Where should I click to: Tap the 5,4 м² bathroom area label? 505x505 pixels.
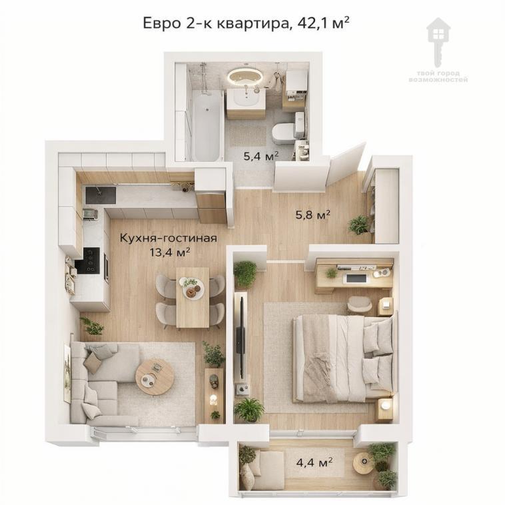pos(261,157)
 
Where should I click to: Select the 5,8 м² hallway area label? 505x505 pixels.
pos(312,215)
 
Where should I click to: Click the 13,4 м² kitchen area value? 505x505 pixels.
pos(169,252)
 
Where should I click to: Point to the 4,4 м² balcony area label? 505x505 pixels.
pos(314,463)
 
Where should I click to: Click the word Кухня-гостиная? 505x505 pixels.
pos(169,239)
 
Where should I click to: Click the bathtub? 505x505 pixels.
pos(207,125)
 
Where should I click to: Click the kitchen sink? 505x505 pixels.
pos(100,195)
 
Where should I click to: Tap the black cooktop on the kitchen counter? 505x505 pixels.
pos(88,260)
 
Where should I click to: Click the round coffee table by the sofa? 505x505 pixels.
pos(155,376)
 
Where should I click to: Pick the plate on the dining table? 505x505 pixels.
pos(193,288)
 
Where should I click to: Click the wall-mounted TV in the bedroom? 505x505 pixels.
pos(241,335)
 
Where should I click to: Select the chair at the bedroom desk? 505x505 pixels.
pos(359,304)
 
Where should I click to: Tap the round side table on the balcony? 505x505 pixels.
pos(364,462)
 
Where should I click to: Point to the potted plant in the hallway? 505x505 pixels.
pos(358,225)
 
